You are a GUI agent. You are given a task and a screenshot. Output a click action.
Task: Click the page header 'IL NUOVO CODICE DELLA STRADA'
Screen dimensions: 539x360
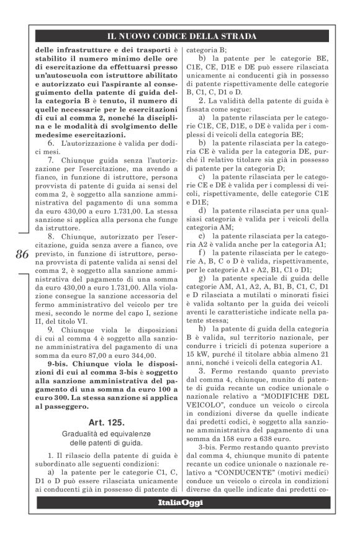[x=182, y=36]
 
